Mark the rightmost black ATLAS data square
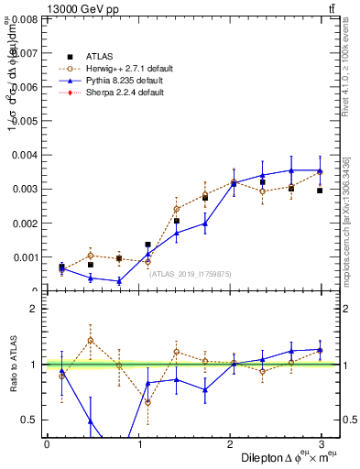coord(320,191)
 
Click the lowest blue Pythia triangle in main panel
coord(119,281)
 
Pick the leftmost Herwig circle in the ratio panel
coord(61,376)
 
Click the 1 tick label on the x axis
coord(140,443)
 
